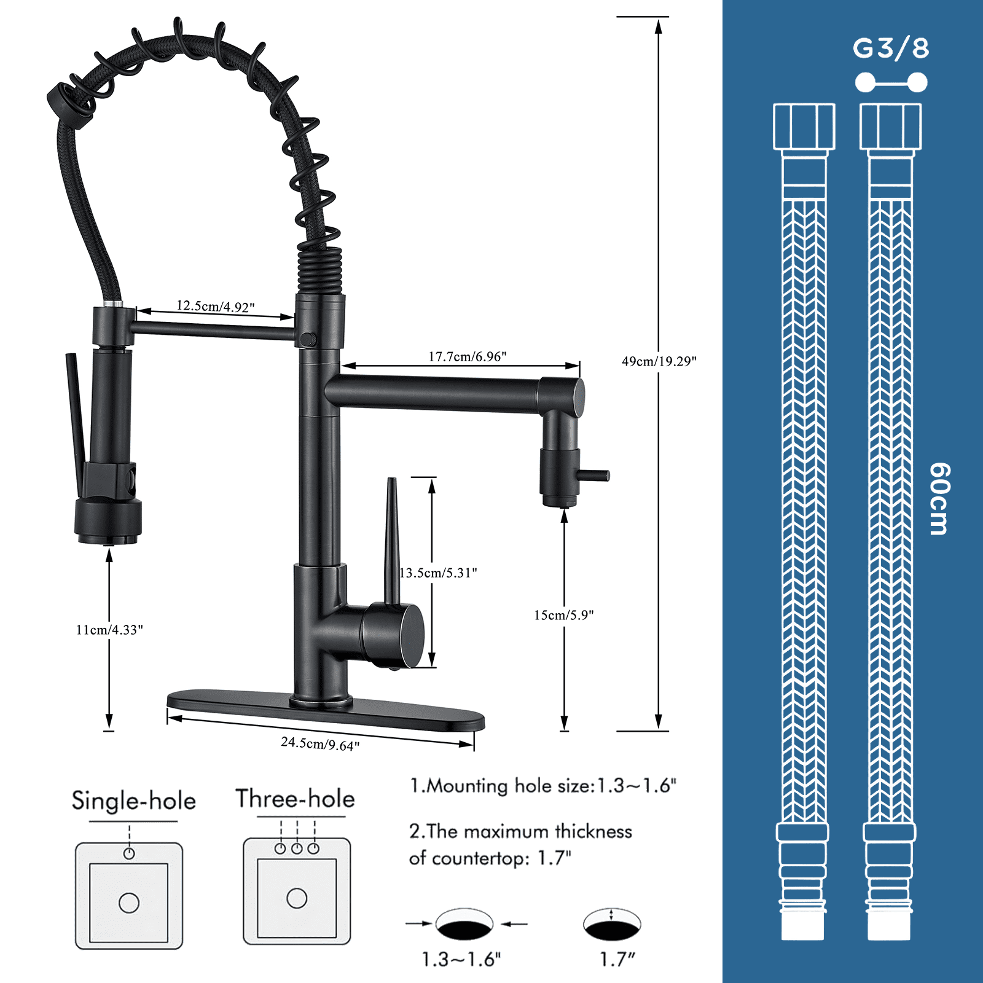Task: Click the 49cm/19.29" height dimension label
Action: point(659,361)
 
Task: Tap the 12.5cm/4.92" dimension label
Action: point(215,306)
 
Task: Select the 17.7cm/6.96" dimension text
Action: point(467,356)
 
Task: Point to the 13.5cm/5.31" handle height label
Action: point(438,573)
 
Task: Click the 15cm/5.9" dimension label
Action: point(563,615)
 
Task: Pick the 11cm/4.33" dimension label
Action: point(109,630)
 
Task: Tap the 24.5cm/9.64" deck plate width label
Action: point(320,744)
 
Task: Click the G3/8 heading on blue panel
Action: point(891,49)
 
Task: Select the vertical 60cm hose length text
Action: point(939,499)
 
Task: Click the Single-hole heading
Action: point(133,801)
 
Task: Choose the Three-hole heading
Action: point(296,799)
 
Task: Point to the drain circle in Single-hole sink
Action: point(129,903)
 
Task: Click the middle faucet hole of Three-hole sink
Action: point(297,848)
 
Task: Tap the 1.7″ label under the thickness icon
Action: point(617,959)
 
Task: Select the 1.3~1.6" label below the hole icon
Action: point(461,959)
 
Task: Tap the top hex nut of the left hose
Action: point(804,127)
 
